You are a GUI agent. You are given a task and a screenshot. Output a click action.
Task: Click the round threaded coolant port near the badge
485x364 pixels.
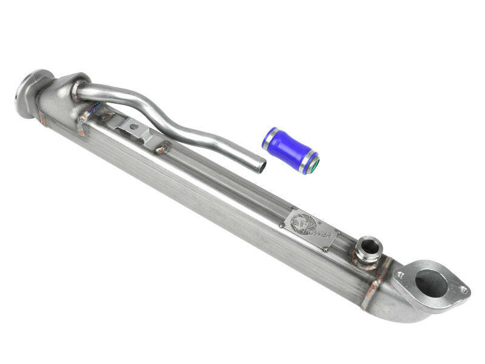pos(368,248)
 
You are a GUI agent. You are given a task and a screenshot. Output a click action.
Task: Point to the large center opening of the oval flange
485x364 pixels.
pos(430,283)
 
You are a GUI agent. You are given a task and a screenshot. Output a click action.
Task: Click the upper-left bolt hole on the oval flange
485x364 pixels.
pos(400,274)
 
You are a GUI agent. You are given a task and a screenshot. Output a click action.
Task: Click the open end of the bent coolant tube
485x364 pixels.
pos(260,164)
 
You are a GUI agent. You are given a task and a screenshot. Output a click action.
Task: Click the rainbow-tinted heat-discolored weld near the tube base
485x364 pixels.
pos(91,112)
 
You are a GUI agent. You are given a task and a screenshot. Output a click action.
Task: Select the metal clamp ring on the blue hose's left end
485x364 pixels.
pos(269,138)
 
